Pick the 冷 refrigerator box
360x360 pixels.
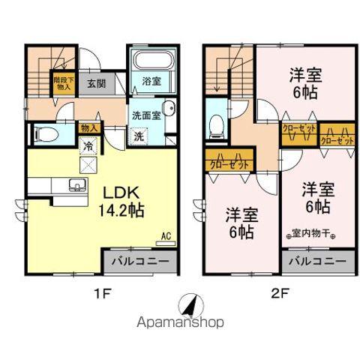pos(88,147)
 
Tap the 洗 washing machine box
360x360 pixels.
pos(139,136)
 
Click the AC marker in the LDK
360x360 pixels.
pos(166,235)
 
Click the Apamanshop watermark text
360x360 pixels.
pos(180,324)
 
